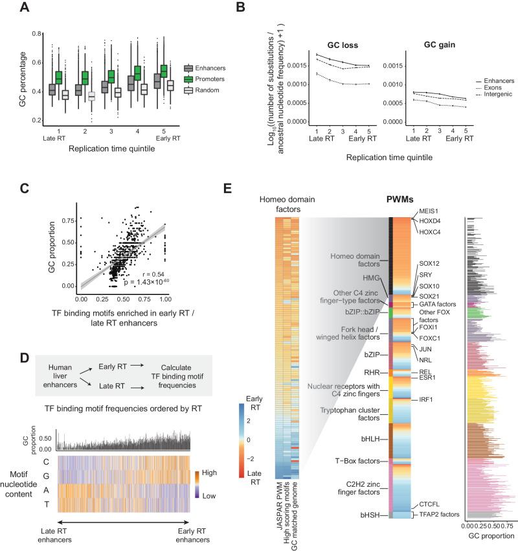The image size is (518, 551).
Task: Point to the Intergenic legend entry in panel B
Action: point(491,95)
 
